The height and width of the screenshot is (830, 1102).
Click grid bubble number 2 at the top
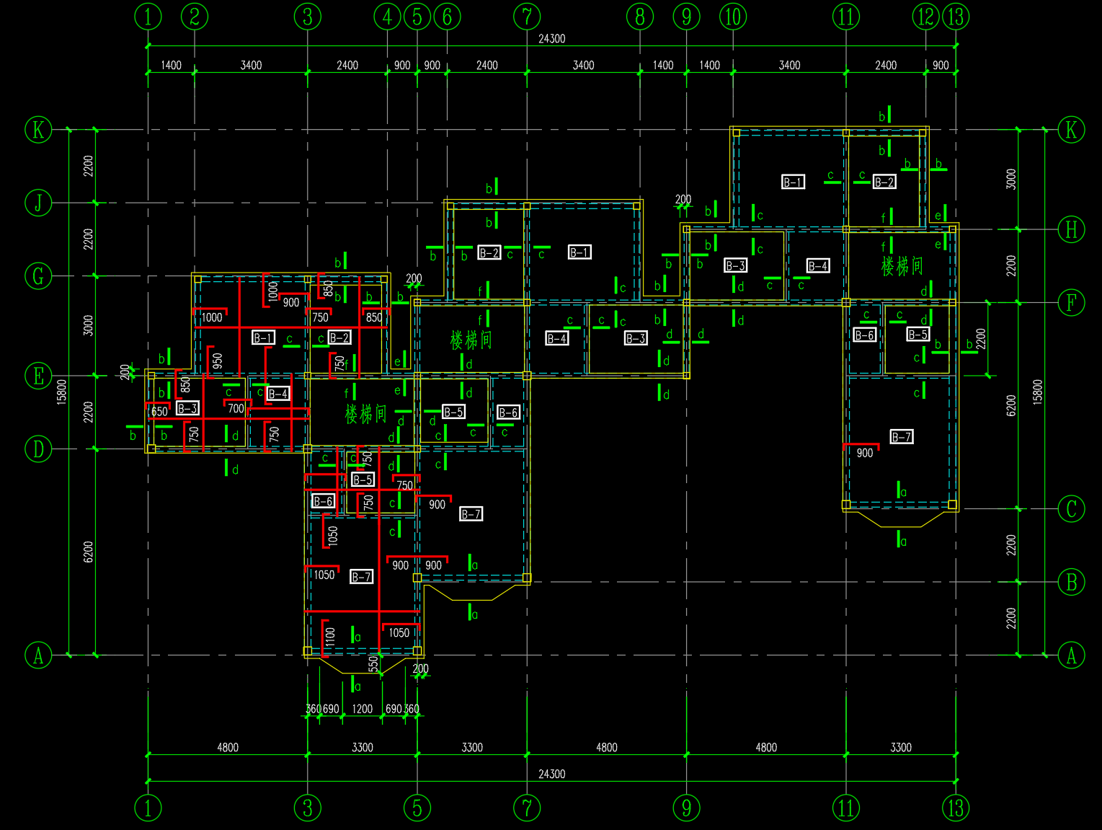click(194, 17)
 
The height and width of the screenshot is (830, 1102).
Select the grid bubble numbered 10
click(733, 17)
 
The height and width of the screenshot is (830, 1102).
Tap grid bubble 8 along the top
click(640, 17)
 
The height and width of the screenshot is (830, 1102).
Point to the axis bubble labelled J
click(38, 203)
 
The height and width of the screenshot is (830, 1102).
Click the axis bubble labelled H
click(1071, 230)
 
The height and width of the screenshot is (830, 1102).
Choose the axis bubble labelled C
click(1071, 509)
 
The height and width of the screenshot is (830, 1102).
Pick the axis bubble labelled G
click(38, 275)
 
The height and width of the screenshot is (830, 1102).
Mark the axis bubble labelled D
click(38, 449)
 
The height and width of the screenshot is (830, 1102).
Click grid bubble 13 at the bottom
click(956, 808)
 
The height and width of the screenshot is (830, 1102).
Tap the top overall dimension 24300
click(551, 39)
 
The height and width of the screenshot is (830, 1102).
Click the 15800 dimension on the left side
click(62, 392)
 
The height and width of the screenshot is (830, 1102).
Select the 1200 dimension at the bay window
click(362, 709)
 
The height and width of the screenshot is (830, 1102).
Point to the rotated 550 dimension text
click(373, 663)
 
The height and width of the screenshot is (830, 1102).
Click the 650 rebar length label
click(159, 412)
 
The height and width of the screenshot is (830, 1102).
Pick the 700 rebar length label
click(236, 409)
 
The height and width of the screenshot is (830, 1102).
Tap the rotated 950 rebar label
click(218, 361)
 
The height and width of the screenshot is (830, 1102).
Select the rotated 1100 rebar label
click(330, 637)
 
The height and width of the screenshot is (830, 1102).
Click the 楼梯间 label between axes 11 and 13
click(902, 266)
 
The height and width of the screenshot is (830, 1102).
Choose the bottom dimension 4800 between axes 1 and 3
click(228, 747)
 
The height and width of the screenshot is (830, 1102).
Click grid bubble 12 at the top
click(925, 17)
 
